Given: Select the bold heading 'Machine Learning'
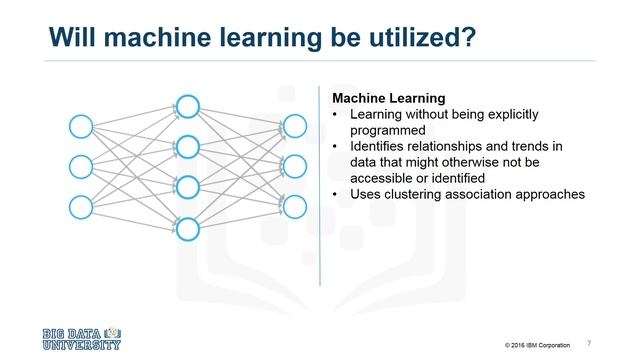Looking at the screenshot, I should pyautogui.click(x=389, y=98).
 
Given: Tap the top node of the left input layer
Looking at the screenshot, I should pyautogui.click(x=80, y=126).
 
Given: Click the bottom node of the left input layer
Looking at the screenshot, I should pyautogui.click(x=80, y=207).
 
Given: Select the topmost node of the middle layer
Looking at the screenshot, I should pyautogui.click(x=188, y=106).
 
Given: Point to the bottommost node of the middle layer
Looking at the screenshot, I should pyautogui.click(x=188, y=228).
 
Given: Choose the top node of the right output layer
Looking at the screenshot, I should pyautogui.click(x=294, y=126).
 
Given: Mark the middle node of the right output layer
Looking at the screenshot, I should pyautogui.click(x=294, y=166).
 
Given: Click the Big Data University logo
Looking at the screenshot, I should pyautogui.click(x=82, y=338).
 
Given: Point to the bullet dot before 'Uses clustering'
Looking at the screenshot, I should pyautogui.click(x=337, y=194).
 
